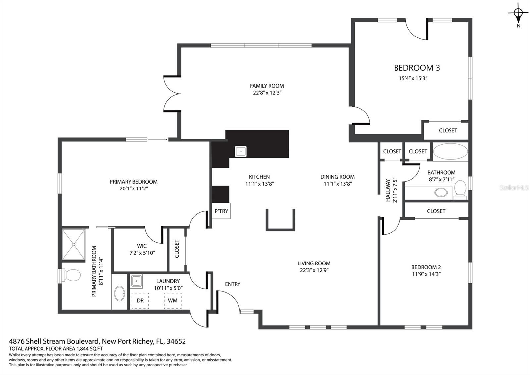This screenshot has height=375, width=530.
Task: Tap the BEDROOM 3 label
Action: tap(417, 68)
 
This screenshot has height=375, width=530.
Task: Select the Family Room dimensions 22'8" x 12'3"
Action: tap(267, 93)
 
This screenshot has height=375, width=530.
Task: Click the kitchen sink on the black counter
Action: tap(240, 151)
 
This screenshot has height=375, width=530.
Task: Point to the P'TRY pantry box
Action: tap(221, 211)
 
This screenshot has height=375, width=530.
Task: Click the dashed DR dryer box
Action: tap(140, 301)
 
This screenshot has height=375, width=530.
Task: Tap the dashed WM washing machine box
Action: tap(173, 301)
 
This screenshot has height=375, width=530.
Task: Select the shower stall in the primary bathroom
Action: tap(73, 244)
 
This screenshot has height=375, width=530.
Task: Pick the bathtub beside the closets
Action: tap(450, 151)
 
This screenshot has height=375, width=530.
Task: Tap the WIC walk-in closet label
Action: tap(142, 246)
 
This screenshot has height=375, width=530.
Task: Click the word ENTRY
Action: tap(233, 284)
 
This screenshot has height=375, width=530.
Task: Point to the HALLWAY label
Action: tap(388, 190)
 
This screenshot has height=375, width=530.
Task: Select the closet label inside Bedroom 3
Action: tap(448, 131)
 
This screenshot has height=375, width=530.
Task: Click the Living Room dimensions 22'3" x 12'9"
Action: tap(314, 270)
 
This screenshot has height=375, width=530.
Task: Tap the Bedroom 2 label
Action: tap(426, 267)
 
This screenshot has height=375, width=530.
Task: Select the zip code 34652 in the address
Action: tap(176, 341)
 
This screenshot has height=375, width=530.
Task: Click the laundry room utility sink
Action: tap(136, 281)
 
